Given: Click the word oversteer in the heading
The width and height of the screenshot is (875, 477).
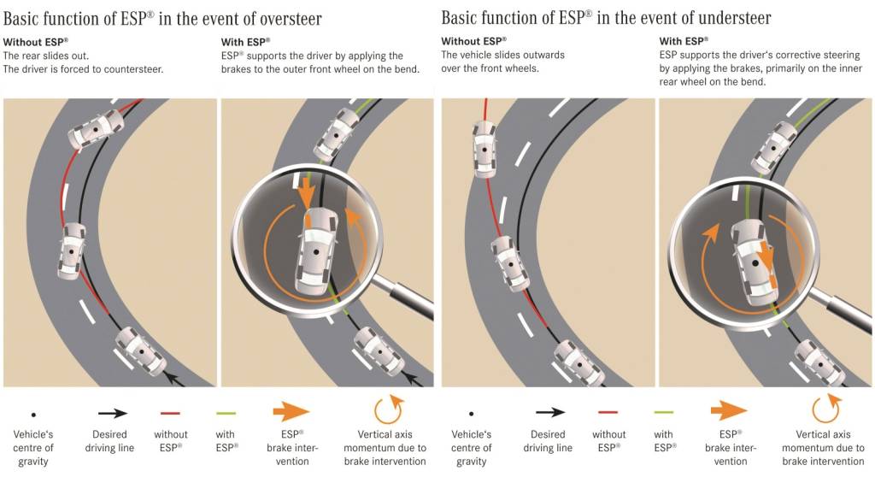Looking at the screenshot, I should point(275,17).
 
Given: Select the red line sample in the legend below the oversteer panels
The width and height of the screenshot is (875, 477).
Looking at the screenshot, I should point(170,411).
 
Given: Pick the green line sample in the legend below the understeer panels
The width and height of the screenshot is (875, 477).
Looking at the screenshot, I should point(662,411).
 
